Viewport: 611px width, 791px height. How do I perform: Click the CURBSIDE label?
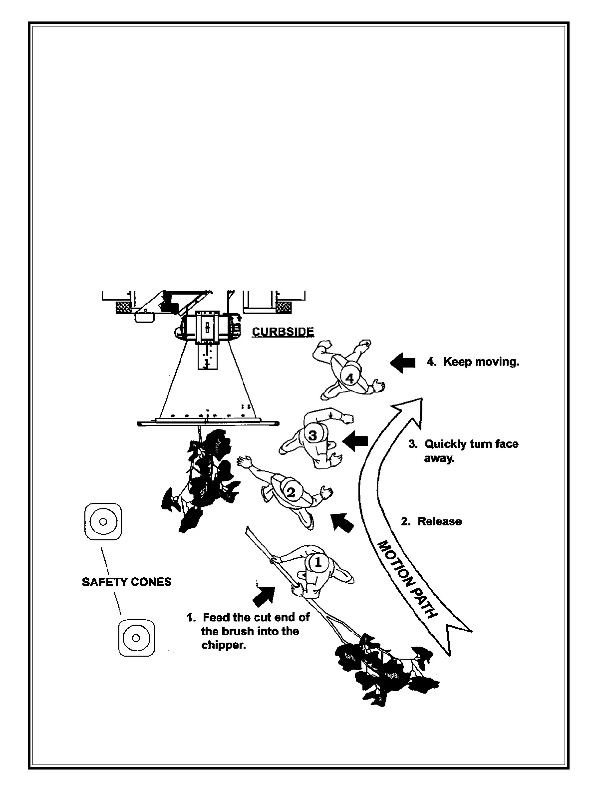(283, 332)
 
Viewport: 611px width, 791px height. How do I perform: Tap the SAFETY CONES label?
(126, 582)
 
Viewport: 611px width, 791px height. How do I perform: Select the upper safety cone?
(103, 521)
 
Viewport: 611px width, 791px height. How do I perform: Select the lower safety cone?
(136, 638)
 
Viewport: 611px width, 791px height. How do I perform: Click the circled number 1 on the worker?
(317, 563)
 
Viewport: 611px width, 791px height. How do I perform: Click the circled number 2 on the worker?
(291, 492)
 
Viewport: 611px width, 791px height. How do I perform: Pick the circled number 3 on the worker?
(313, 435)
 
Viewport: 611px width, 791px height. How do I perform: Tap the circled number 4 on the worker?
(350, 378)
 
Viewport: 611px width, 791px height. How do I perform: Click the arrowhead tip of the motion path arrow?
(421, 399)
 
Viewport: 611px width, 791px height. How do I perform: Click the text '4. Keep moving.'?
(473, 362)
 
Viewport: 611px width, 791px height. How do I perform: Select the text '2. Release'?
(431, 521)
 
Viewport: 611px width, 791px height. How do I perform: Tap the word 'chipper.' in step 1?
(223, 645)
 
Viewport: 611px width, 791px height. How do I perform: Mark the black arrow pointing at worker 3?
(355, 441)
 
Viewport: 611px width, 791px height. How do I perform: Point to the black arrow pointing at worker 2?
(342, 522)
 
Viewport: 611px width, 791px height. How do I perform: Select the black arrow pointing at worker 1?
(264, 595)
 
